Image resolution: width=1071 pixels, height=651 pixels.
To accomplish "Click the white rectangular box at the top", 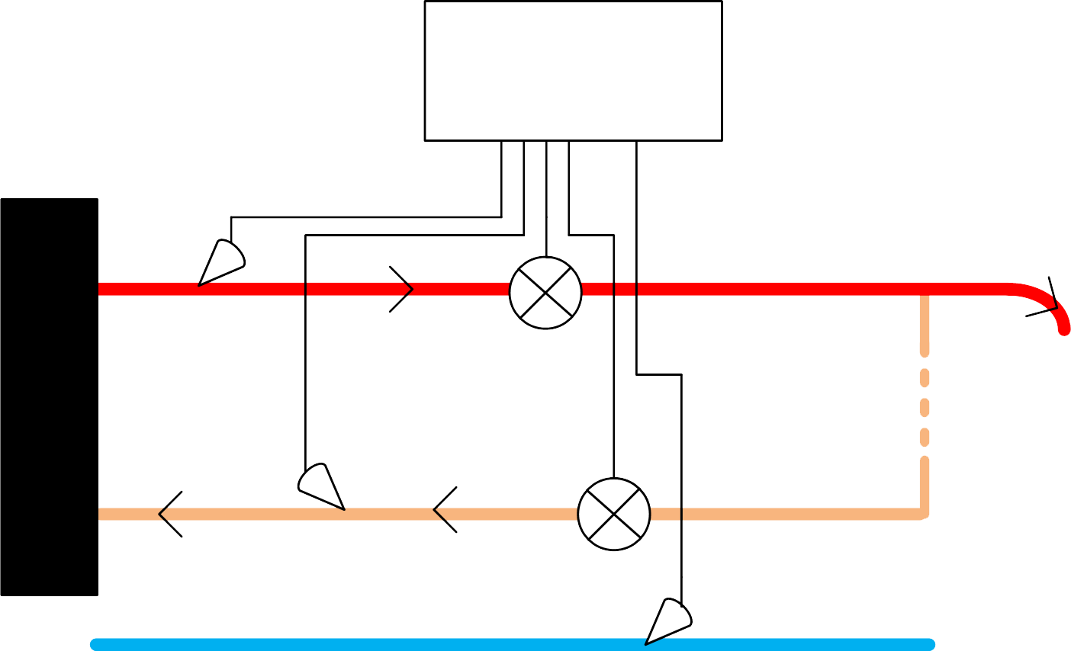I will point(573,71).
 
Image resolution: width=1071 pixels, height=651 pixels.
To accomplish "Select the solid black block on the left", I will point(50,397).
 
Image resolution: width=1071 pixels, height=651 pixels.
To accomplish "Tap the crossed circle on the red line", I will point(545,293).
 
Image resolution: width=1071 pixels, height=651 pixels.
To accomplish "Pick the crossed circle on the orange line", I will point(614,515).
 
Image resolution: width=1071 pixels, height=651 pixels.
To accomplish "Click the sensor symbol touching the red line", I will point(220,264).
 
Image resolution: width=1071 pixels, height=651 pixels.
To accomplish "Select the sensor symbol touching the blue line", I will point(668,622).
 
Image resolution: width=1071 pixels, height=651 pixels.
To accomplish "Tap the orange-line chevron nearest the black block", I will point(169,514).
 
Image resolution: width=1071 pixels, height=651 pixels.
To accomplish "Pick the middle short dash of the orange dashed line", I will point(925,407).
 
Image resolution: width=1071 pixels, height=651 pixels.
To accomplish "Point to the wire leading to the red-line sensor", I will point(366,217).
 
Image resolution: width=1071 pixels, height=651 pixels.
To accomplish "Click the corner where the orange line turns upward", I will point(924,514).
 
